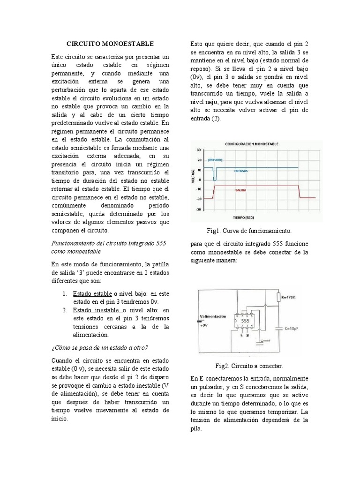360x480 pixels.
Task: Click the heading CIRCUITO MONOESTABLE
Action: point(110,44)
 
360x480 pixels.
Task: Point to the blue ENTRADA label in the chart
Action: point(242,171)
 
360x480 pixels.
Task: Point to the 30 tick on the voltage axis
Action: point(198,150)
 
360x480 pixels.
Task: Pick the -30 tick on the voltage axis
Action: point(198,210)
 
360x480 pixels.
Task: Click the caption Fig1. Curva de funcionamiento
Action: point(249,231)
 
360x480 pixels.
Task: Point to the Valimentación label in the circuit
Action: point(216,316)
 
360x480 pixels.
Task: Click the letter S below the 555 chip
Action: point(247,336)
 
